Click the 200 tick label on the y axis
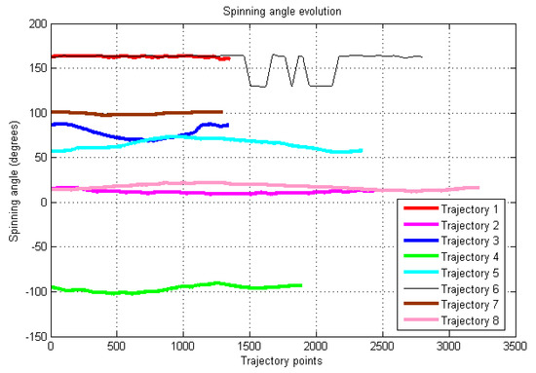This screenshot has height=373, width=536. click(x=35, y=23)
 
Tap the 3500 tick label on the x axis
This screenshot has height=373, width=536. click(x=514, y=347)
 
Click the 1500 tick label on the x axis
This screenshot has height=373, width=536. click(x=249, y=347)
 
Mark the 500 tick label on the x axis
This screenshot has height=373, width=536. click(x=116, y=347)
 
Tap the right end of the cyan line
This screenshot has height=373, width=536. click(x=362, y=150)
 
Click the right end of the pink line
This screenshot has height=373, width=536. click(x=478, y=188)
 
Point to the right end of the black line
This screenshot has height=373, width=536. click(x=422, y=56)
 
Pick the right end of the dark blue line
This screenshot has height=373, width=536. click(x=227, y=125)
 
